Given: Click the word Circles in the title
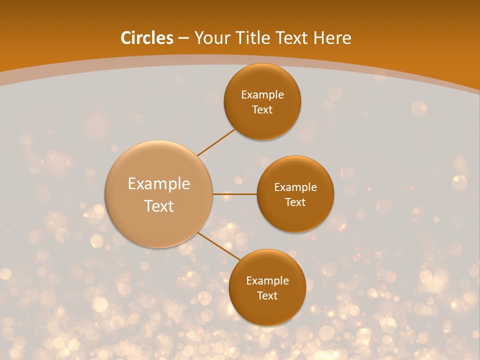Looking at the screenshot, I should [146, 38].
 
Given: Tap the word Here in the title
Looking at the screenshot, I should [332, 38].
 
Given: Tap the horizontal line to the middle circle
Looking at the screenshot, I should [234, 194].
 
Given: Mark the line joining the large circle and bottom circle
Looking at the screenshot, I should [218, 246].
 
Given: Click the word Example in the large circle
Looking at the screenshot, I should [159, 184].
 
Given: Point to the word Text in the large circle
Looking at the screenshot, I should [159, 206].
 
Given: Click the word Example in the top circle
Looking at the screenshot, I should [262, 94].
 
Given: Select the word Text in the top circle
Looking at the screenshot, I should [262, 109].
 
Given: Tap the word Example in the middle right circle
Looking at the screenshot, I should [295, 187].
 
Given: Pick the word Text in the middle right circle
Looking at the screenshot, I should [295, 202].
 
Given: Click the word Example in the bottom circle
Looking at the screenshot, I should [267, 280].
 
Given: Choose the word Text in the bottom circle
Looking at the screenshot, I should [267, 295].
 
